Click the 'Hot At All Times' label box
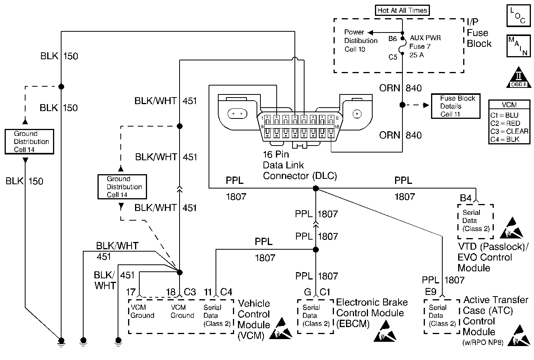(402, 10)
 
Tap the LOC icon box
(518, 16)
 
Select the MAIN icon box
(518, 46)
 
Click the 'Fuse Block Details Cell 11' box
(456, 106)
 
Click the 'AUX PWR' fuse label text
(425, 38)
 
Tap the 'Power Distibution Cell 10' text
(361, 41)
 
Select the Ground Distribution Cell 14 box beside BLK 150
(29, 142)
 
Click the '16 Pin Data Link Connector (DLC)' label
(300, 165)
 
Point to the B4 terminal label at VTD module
(466, 198)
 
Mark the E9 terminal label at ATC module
(431, 292)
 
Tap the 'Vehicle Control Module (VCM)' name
(253, 319)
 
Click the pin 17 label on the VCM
(131, 292)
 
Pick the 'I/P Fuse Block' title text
(479, 33)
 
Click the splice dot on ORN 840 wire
(402, 105)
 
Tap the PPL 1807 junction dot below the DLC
(316, 189)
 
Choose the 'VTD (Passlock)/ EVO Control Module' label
(492, 257)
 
